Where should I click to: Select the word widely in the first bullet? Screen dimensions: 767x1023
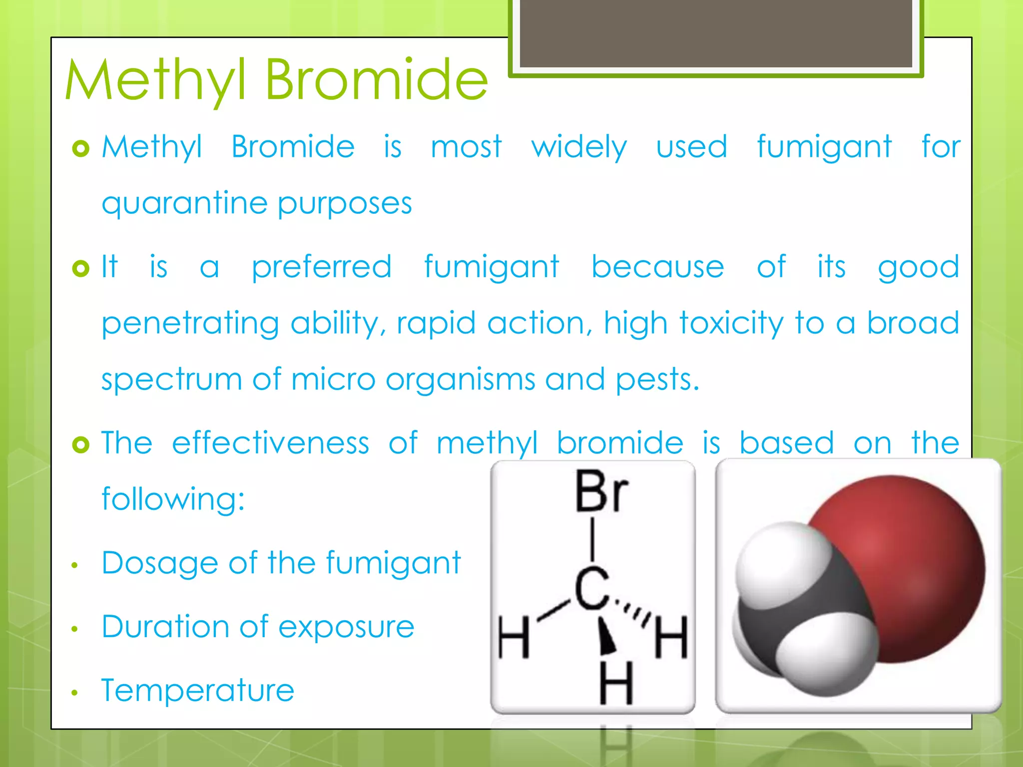(579, 147)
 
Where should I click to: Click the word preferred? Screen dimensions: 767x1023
(321, 267)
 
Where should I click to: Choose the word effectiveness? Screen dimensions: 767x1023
(270, 443)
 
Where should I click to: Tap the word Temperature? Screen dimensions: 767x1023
(198, 690)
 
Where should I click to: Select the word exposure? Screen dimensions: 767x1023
(346, 627)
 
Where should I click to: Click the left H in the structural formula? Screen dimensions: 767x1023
(513, 638)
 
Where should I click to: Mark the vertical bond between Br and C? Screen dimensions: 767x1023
(592, 539)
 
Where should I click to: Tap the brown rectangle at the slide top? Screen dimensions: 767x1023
(716, 33)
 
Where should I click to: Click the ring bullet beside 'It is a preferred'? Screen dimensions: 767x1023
(80, 269)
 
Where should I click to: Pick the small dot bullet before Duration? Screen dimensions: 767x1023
(75, 629)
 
